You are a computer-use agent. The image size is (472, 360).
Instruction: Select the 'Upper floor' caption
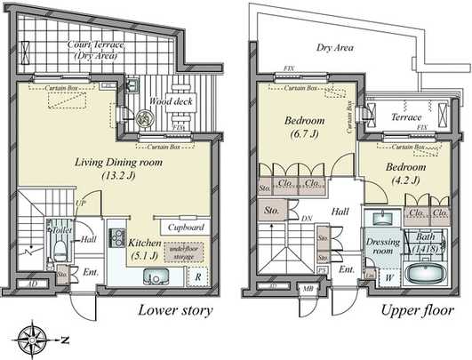pos(412,310)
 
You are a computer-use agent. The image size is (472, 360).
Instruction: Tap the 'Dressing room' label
pos(382,245)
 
